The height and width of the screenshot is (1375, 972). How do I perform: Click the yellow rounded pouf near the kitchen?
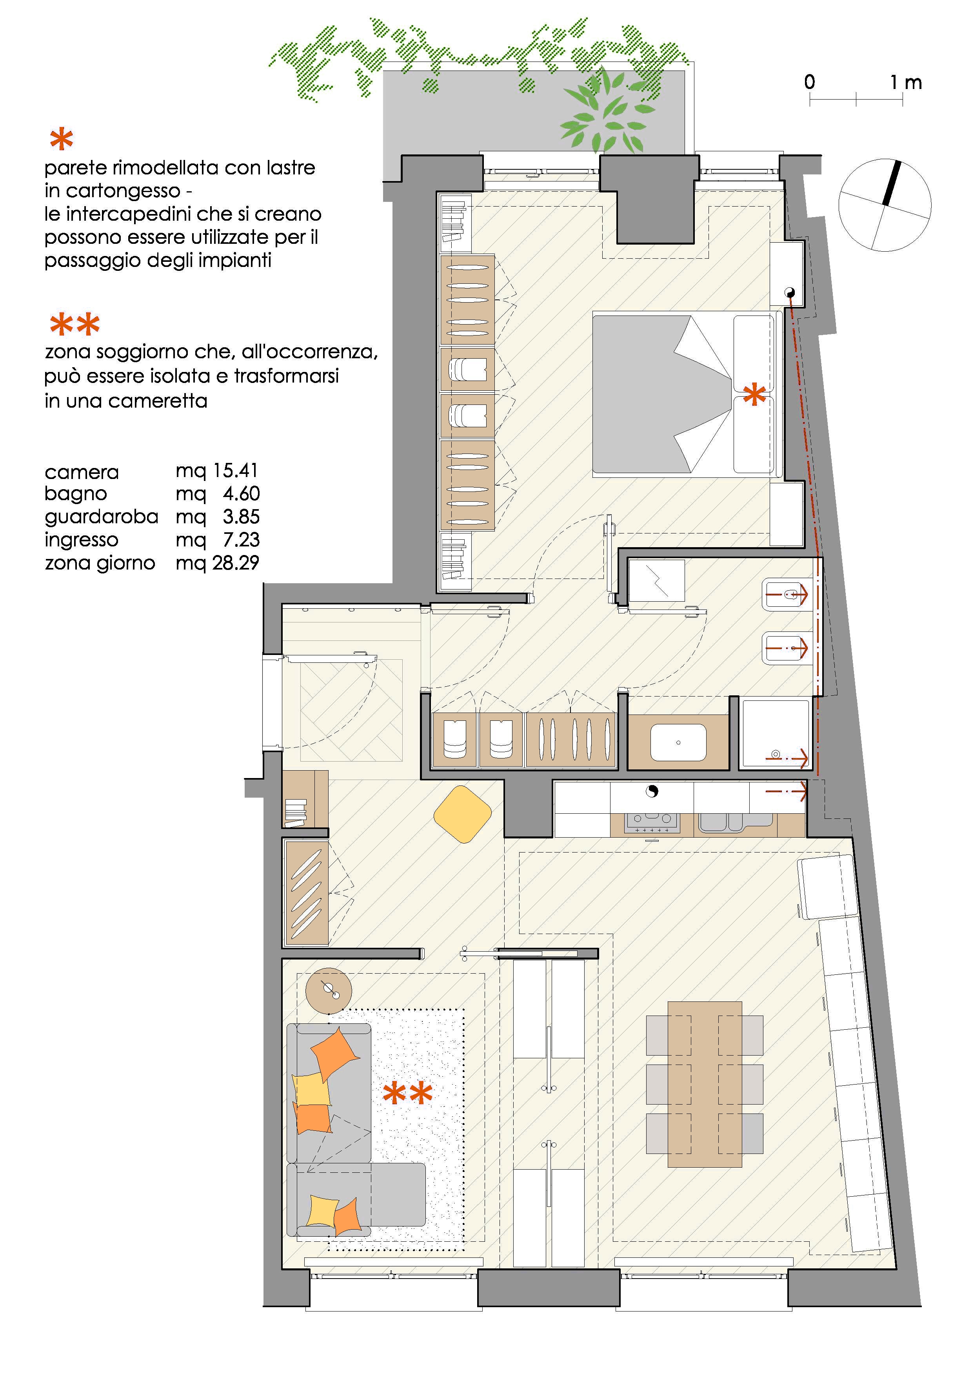pos(462,814)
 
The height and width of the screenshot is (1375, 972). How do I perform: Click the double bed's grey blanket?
pos(662,396)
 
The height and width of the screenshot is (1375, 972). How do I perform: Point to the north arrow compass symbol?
pos(885,205)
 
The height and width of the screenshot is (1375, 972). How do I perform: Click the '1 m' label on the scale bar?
pos(905,83)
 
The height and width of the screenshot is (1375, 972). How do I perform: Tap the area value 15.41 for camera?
pos(235,471)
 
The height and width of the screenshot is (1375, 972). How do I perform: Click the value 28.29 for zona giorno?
pos(235,563)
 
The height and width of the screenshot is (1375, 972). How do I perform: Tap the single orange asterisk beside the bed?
pos(754,395)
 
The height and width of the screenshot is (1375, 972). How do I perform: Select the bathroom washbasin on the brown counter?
pos(678,743)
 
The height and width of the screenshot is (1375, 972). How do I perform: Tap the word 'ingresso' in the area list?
pos(82,540)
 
